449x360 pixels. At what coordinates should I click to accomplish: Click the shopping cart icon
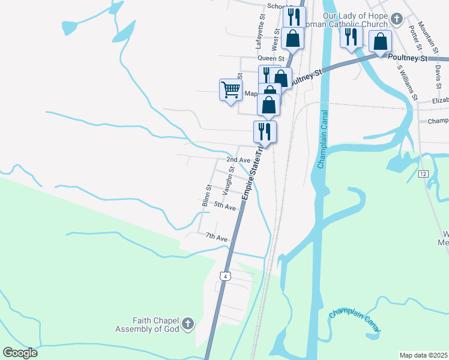coord(230,90)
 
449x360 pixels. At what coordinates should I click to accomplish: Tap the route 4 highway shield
coord(224,275)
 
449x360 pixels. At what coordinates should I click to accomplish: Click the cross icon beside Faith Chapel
coord(187,325)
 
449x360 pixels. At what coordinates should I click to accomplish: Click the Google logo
coord(20,353)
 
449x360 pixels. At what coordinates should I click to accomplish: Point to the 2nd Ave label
coord(238,160)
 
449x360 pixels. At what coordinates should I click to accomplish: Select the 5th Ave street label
coord(224,206)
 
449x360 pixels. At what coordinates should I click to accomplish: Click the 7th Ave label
coord(217,238)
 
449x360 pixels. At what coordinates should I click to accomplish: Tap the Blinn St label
coord(205,196)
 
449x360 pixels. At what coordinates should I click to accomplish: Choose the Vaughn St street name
coord(228,181)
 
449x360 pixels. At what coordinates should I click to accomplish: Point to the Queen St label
coord(253,58)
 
